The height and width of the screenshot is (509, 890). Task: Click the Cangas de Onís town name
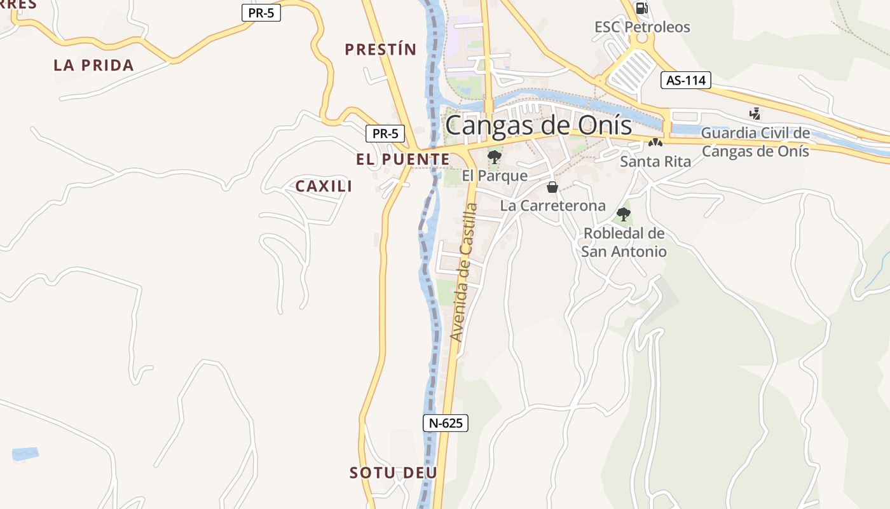538,125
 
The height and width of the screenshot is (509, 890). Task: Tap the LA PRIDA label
93,65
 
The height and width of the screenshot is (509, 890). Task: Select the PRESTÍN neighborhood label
380,50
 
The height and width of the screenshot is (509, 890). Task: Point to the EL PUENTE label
402,160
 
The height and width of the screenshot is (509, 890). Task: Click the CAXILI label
324,186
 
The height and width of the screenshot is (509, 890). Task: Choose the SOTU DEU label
393,473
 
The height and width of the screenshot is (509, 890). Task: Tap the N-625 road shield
445,423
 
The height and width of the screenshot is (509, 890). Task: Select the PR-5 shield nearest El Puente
385,134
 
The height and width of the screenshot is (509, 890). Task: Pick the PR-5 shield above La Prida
261,12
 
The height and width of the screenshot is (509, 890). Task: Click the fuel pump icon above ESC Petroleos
642,8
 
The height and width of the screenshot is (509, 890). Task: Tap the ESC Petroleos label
642,27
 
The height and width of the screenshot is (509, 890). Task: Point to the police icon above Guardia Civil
755,114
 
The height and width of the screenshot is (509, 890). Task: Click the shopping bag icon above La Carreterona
552,187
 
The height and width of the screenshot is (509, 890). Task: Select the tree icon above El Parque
494,157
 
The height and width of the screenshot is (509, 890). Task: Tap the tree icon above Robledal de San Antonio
624,214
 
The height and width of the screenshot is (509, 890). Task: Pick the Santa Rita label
655,162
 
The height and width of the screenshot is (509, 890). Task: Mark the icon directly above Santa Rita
655,143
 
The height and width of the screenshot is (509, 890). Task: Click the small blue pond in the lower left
25,454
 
